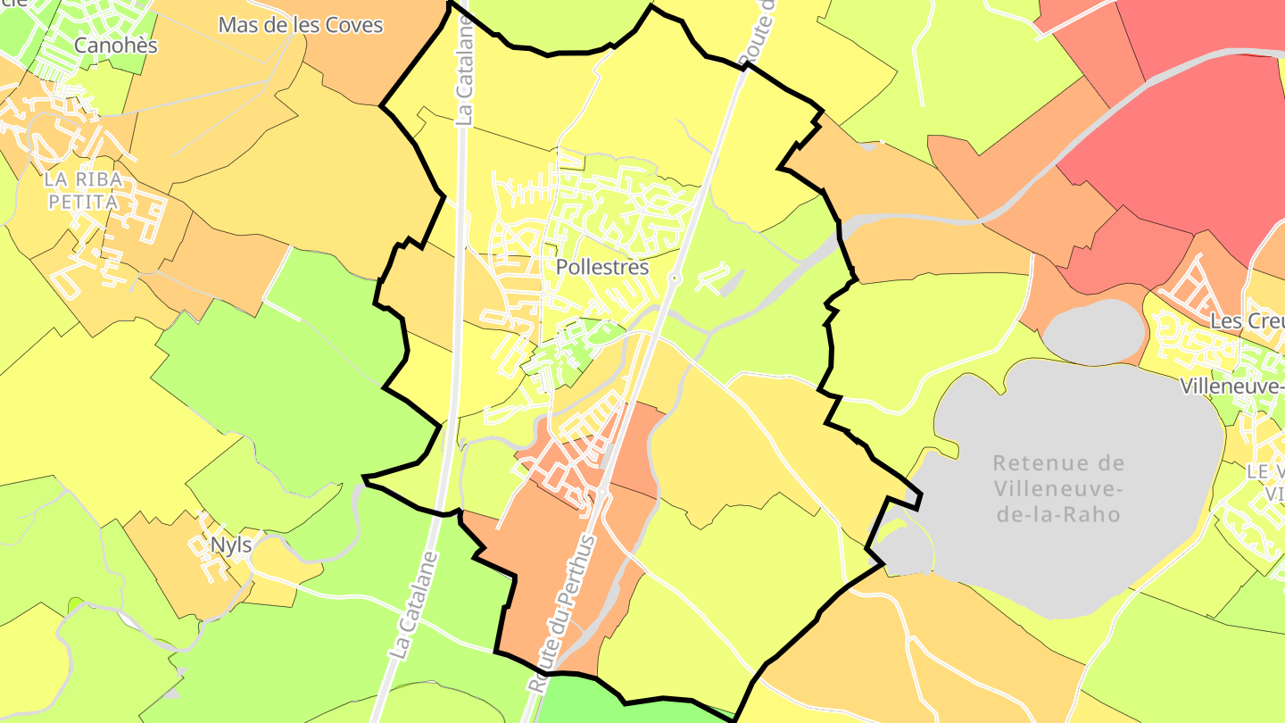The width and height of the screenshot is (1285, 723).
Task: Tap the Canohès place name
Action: [116, 45]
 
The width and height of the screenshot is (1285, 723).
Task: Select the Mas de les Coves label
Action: [301, 25]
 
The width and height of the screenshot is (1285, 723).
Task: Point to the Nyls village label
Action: [230, 544]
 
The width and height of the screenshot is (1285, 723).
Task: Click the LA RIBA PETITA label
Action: [83, 191]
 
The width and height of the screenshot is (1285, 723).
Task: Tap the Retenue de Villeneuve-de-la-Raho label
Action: [1058, 488]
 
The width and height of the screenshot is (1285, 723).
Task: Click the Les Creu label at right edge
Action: [1247, 321]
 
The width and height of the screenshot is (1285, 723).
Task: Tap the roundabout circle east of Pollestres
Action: [676, 279]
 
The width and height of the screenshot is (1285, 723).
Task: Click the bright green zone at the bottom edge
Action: [616, 705]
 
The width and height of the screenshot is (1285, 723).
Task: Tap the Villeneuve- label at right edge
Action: [1231, 386]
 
